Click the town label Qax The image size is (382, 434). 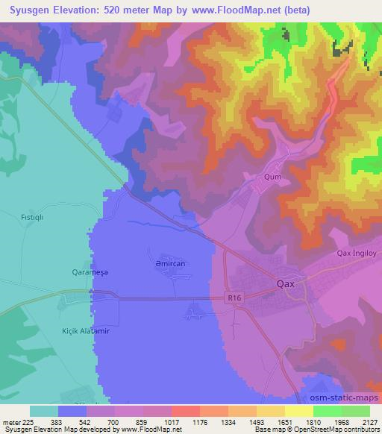coord(286,284)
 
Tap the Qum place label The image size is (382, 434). coord(272,177)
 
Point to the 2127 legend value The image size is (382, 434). coord(368,422)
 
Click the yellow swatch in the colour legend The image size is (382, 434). coord(298,411)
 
